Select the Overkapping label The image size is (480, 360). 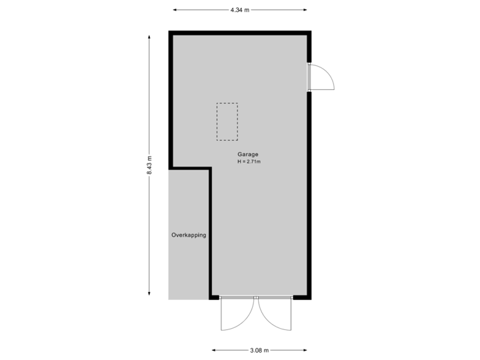click(189, 235)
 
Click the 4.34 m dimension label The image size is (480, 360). click(240, 10)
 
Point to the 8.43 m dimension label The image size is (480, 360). click(149, 165)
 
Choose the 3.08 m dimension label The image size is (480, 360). click(260, 350)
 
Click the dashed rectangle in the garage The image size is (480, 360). click(227, 121)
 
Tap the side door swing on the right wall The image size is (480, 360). click(324, 77)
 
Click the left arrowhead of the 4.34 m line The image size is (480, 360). click(175, 10)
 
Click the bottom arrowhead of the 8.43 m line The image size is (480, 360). click(149, 296)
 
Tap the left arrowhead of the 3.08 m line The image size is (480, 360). click(214, 350)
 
